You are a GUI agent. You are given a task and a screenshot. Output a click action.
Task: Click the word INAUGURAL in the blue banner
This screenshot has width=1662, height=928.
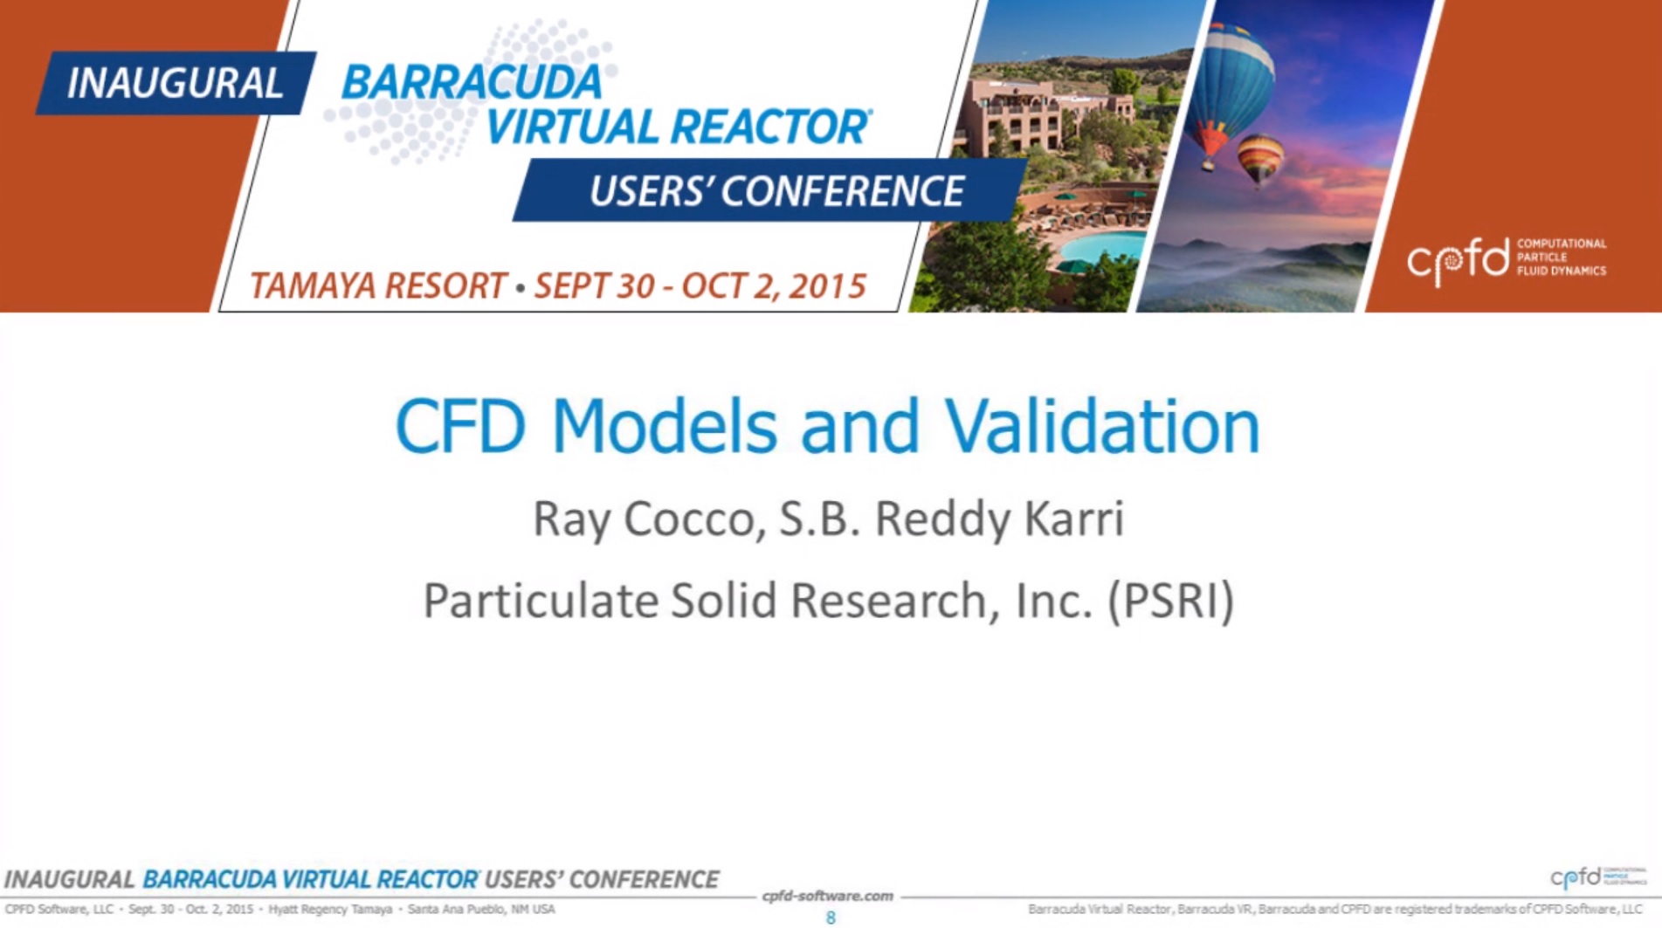pos(175,84)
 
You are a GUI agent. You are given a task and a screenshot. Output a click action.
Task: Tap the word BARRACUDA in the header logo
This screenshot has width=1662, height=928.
pos(472,83)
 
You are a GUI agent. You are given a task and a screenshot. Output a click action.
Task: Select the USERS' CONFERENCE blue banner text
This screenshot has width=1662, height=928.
pos(776,191)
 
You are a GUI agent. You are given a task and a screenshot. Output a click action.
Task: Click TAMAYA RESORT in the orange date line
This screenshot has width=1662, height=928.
pos(377,285)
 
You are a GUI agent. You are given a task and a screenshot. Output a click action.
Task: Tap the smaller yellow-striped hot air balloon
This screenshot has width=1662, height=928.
pos(1259,161)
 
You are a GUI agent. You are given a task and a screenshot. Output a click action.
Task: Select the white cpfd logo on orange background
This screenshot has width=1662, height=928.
pos(1506,259)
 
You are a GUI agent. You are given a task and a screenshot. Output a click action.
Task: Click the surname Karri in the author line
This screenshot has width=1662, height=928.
pos(1073,519)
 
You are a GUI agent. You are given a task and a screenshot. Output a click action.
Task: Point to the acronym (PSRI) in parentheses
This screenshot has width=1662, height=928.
pos(1170,601)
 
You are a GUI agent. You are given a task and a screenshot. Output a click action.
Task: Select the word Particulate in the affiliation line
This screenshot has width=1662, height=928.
pos(541,601)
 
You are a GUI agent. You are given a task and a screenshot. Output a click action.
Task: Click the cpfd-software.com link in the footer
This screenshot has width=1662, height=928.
pos(828,896)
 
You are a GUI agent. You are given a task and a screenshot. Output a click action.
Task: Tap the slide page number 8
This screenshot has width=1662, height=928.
pos(831,918)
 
